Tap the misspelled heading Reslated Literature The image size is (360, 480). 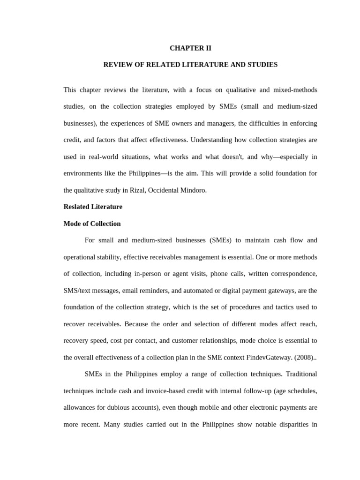[93, 207]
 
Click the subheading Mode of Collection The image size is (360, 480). [92, 224]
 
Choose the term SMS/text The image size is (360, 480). [77, 291]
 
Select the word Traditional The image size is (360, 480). [299, 374]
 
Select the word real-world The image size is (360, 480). [104, 157]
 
